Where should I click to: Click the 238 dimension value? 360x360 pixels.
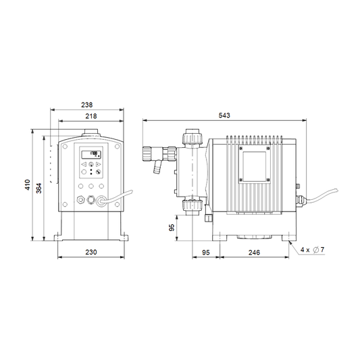(86, 105)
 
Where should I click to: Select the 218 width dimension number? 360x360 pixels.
(91, 116)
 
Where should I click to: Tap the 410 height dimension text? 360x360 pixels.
(28, 185)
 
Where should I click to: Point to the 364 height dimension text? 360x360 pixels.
(38, 188)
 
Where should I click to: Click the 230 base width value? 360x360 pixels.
(91, 252)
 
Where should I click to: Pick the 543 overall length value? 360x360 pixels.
(224, 115)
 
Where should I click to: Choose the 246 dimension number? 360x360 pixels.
(254, 253)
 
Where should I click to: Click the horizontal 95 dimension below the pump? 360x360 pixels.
(206, 253)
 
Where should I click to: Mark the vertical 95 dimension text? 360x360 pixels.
(172, 228)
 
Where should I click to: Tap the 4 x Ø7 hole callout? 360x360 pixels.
(313, 249)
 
